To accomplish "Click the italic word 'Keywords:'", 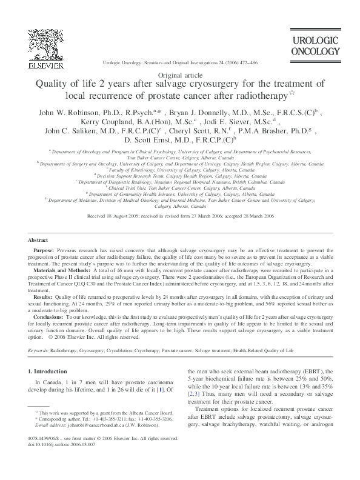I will pyautogui.click(x=39, y=351).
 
